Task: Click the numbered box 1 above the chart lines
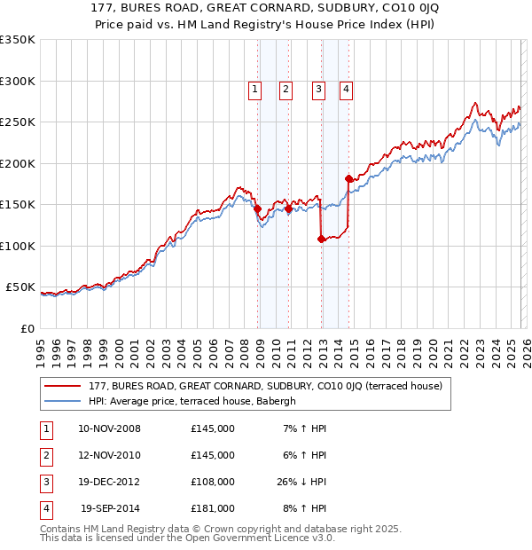tap(254, 88)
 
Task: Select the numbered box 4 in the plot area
tap(345, 88)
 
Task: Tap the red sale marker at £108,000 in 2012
tap(321, 239)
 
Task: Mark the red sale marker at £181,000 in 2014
tap(348, 179)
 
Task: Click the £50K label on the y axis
tap(20, 287)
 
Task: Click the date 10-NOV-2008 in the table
tap(109, 428)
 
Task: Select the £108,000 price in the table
tap(212, 482)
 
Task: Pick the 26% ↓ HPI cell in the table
tap(301, 482)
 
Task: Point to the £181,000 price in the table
tap(212, 508)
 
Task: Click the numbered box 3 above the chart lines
tap(317, 88)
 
